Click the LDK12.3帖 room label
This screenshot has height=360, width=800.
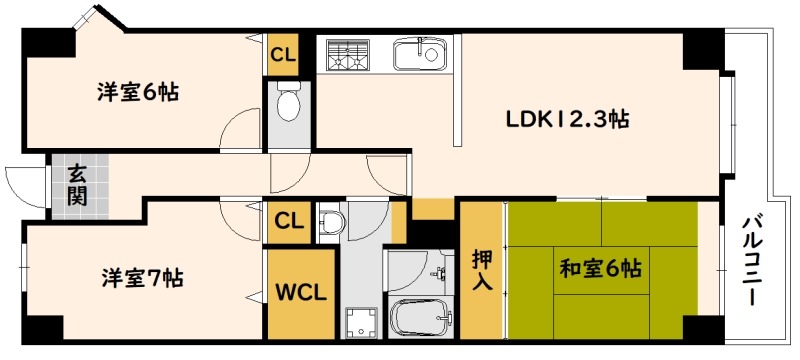[567, 120]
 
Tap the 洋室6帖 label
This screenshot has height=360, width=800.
[138, 92]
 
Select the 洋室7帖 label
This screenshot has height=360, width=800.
[142, 278]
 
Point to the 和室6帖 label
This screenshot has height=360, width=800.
[601, 268]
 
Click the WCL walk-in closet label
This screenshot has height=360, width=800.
[301, 293]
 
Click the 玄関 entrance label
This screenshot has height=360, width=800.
[78, 185]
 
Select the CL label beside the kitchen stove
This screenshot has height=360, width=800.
[283, 55]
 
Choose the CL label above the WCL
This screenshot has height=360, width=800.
[289, 222]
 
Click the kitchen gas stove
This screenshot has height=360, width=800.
[349, 54]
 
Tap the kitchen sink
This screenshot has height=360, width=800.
[420, 53]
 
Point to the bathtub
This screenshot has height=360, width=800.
[420, 317]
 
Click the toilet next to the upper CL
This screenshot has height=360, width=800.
[288, 101]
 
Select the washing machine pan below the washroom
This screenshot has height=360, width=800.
[361, 323]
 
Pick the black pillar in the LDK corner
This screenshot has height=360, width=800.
[703, 50]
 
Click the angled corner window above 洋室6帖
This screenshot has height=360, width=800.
[84, 17]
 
